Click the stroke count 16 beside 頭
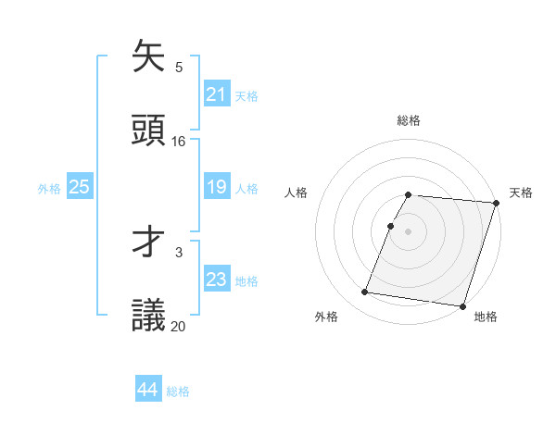(179, 142)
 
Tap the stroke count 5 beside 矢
(179, 67)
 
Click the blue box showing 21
(216, 94)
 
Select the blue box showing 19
(216, 187)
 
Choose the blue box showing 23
(216, 280)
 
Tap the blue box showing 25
(80, 187)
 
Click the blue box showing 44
(147, 391)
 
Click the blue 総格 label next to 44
(178, 391)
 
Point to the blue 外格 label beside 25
(49, 188)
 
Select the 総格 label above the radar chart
(409, 120)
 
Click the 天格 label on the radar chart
(521, 193)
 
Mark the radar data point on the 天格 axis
(497, 202)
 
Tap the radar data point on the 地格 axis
(462, 305)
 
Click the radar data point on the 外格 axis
(365, 292)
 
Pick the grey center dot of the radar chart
(409, 230)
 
